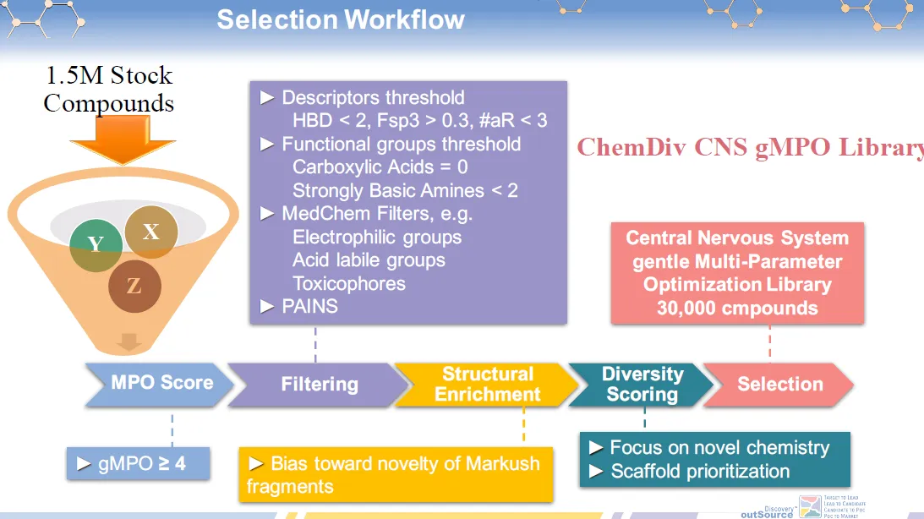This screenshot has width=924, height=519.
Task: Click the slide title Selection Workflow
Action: click(341, 19)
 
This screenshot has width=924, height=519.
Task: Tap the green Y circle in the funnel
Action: click(96, 243)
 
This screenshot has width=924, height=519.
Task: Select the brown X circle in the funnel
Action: click(150, 230)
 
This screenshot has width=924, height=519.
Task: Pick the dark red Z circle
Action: click(134, 286)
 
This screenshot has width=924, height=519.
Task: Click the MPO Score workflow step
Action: click(161, 383)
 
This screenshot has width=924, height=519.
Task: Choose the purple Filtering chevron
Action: click(319, 384)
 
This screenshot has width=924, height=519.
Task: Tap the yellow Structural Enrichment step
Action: click(487, 384)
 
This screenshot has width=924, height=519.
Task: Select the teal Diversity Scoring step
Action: click(642, 384)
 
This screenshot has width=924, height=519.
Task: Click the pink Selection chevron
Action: click(779, 384)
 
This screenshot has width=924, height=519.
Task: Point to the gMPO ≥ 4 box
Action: click(138, 463)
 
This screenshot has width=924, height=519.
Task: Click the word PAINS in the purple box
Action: click(309, 306)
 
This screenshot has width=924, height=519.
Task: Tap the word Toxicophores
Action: click(349, 283)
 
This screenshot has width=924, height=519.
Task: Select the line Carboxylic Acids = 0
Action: click(380, 167)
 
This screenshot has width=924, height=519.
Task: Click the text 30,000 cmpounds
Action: click(736, 308)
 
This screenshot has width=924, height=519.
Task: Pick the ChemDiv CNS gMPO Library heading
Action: click(751, 147)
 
